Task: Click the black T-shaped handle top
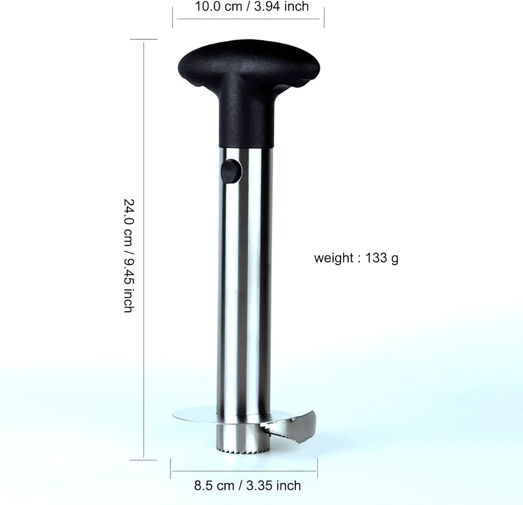point(249,67)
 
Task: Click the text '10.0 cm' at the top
point(219,6)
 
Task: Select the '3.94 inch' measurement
point(281,6)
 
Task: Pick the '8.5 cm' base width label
point(214,486)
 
